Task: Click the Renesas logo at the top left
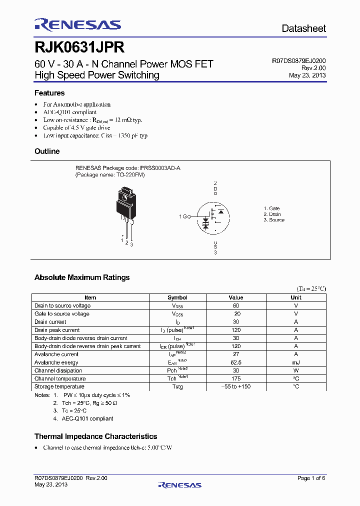77,25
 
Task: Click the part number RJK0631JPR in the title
79,48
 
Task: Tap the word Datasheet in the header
303,29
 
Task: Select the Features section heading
49,93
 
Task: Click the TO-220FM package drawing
125,210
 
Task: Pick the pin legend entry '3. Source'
274,220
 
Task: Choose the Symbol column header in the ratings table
177,297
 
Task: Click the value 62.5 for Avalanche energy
236,362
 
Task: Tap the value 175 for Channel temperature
236,378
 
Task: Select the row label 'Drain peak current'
57,330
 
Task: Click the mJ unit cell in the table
296,362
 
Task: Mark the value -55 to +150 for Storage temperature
236,386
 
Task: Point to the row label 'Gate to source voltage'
62,314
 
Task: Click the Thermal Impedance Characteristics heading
95,436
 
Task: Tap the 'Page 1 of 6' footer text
311,478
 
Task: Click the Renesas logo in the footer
179,484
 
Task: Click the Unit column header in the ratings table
296,297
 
